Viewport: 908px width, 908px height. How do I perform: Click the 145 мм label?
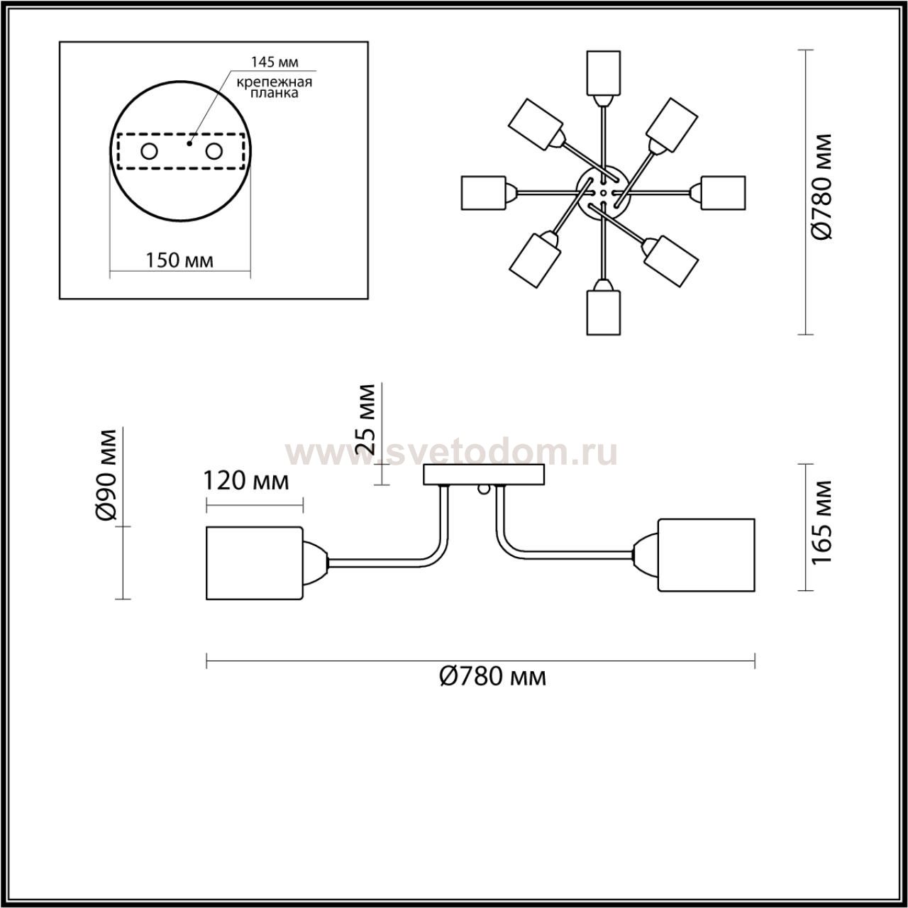click(275, 62)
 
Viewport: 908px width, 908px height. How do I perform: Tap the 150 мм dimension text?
click(179, 260)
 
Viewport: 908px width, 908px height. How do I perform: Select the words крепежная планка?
click(275, 87)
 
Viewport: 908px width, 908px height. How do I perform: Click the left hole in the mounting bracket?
click(150, 152)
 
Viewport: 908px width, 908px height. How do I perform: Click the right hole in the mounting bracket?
click(214, 152)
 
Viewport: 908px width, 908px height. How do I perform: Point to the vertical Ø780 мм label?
click(821, 187)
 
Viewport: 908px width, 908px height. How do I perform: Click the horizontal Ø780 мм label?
click(493, 677)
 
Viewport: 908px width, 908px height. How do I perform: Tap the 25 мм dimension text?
click(365, 419)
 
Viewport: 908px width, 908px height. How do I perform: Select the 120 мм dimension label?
click(245, 481)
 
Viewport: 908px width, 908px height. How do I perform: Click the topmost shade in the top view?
click(603, 73)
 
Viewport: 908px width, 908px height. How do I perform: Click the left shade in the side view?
click(255, 563)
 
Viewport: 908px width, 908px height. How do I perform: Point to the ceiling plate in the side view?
click(484, 475)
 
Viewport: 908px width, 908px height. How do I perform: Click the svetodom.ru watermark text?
click(451, 453)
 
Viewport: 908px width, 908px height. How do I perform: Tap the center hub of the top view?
click(603, 193)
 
